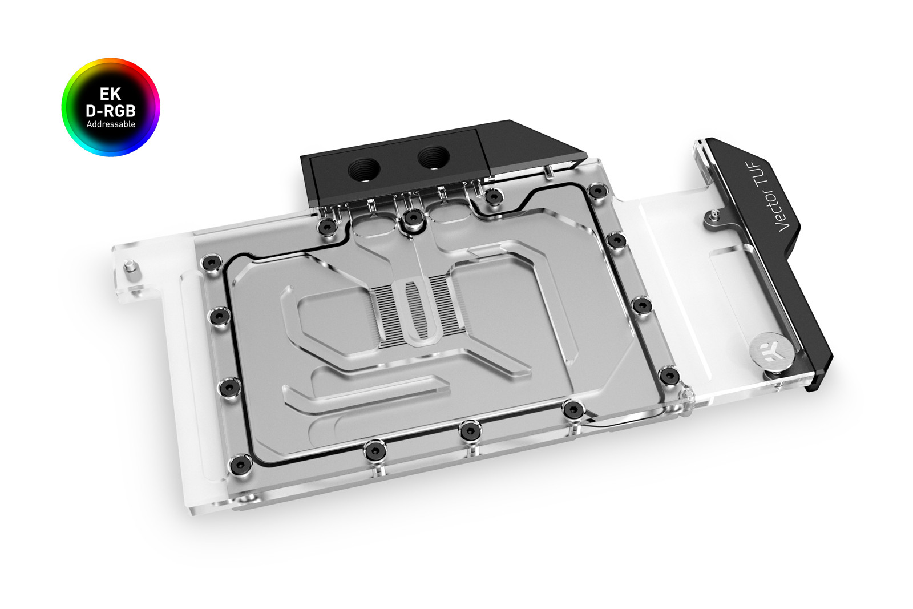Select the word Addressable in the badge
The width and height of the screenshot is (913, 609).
(111, 124)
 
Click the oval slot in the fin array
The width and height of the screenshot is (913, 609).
(420, 312)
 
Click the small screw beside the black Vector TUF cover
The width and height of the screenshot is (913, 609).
(713, 215)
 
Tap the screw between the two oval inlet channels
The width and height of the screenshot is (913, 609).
(411, 219)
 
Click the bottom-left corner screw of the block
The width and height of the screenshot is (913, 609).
(239, 463)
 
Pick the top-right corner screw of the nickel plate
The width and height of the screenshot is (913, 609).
(597, 191)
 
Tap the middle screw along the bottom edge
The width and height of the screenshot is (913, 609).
(469, 431)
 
